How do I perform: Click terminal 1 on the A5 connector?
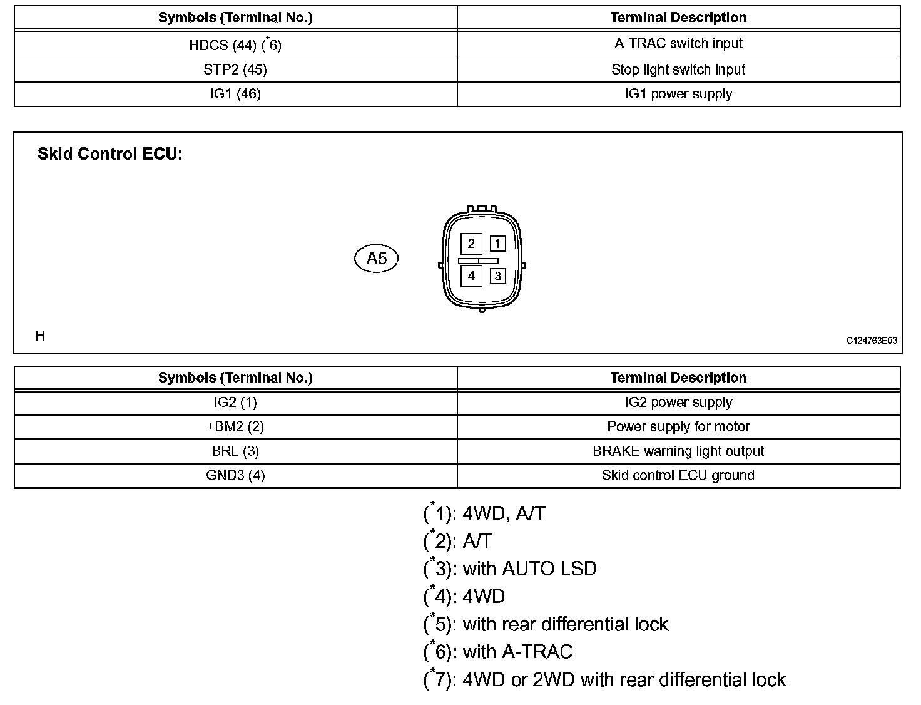497,244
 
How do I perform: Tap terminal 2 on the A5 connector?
471,244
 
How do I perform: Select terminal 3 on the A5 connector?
497,275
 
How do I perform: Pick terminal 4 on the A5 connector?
471,275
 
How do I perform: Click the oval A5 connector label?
376,259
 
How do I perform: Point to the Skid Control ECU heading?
110,154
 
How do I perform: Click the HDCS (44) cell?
235,45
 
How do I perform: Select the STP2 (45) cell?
235,69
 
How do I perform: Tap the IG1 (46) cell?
235,94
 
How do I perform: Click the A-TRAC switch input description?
678,44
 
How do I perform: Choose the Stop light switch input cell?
678,69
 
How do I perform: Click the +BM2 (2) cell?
235,427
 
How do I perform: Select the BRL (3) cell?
235,451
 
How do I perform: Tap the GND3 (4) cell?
235,475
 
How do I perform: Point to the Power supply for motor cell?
678,427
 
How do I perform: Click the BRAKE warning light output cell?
678,451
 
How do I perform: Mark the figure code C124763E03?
872,341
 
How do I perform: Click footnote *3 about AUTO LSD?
510,569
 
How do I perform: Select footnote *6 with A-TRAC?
498,652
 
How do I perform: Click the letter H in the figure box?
40,336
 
